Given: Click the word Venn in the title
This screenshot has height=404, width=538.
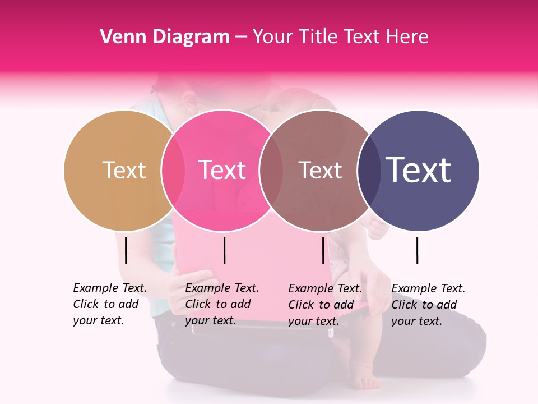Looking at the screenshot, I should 119,37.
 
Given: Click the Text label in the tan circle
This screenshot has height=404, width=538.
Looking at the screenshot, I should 124,170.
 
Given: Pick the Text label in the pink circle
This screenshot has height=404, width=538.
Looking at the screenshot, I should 222,170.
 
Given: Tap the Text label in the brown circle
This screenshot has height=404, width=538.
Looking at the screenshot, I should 320,170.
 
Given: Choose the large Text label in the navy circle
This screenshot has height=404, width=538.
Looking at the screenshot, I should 419,170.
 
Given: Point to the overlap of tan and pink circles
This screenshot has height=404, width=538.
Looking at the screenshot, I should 173,170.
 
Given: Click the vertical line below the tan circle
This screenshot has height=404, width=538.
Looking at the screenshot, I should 126,250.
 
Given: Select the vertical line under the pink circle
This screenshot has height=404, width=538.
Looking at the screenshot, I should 224,250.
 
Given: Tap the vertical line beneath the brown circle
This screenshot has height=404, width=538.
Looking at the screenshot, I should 323,250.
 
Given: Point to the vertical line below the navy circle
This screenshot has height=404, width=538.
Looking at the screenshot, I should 418,250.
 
